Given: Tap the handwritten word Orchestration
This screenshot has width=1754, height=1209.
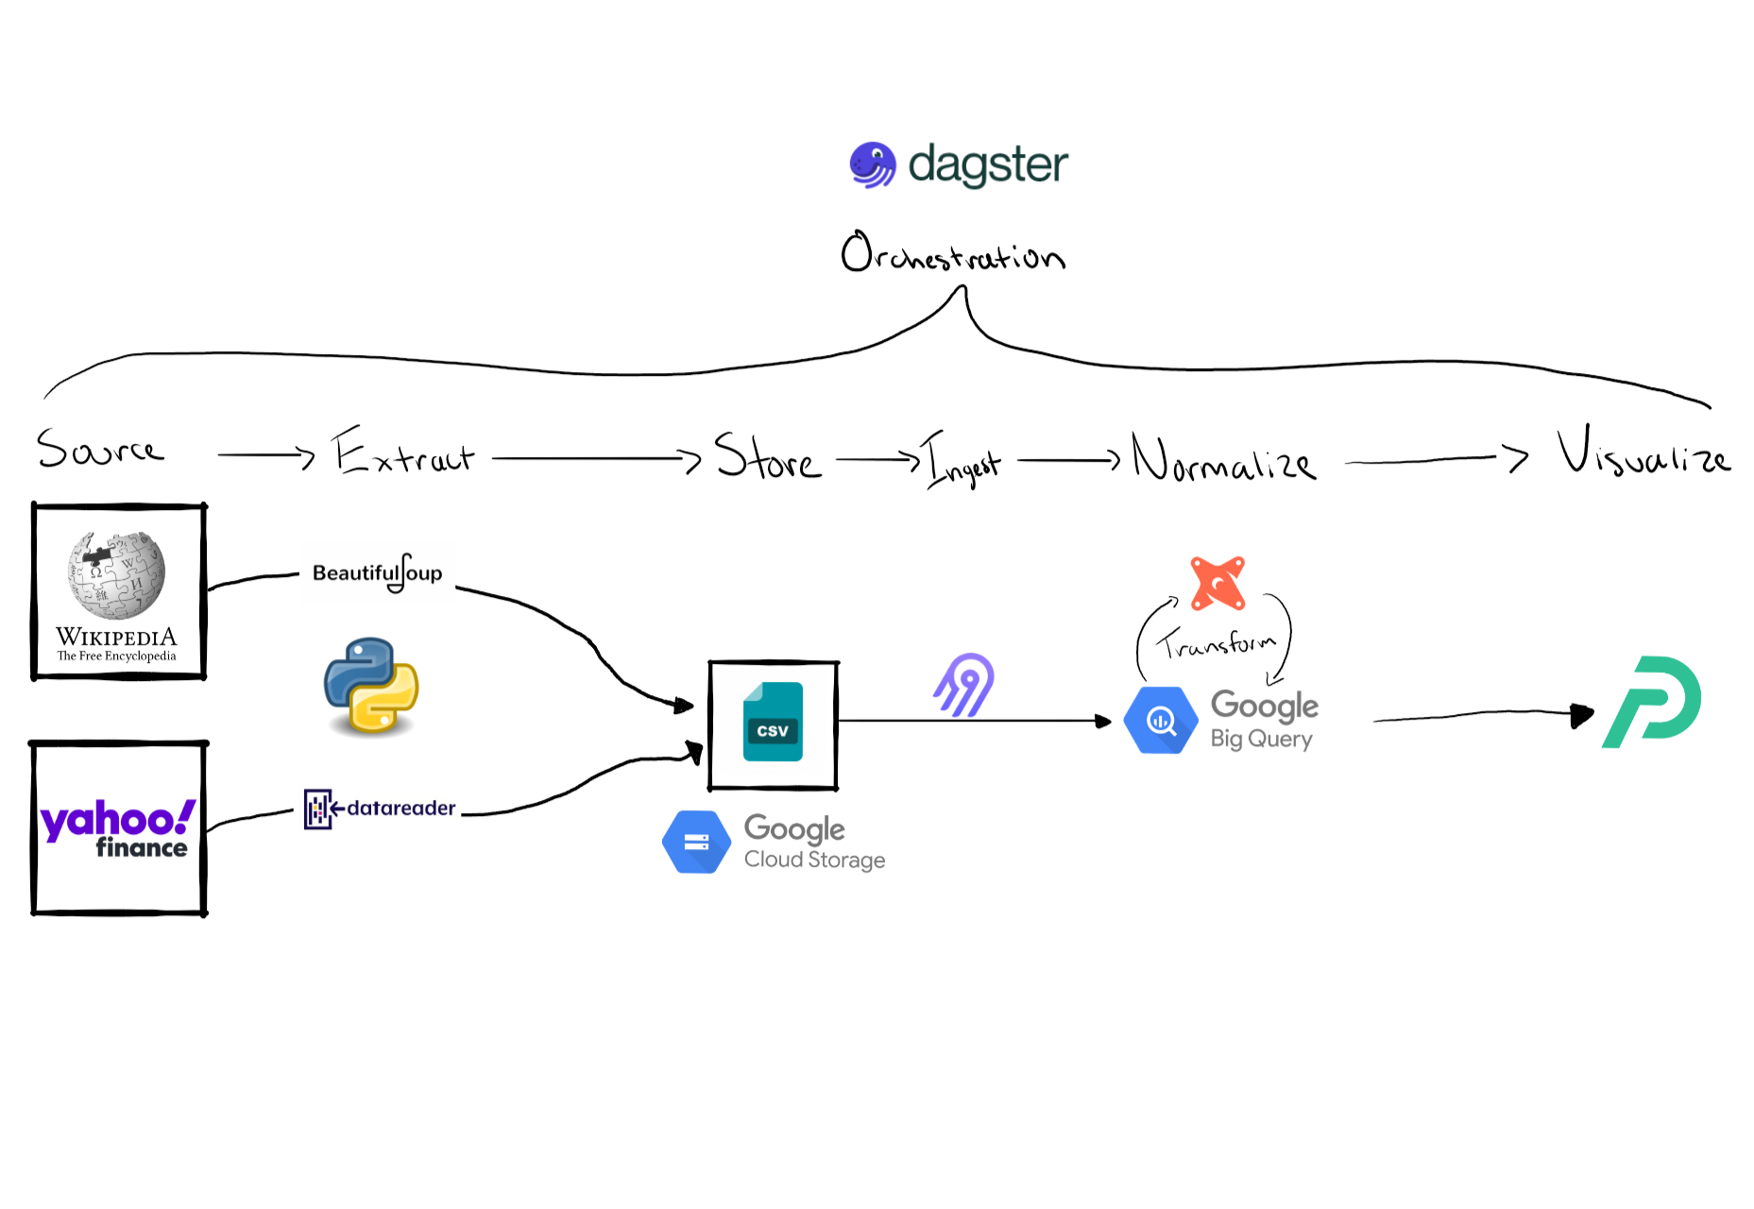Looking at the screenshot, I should coord(952,253).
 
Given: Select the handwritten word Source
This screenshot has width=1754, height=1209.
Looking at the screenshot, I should coord(99,449).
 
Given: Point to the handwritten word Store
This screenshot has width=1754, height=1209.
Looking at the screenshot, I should coord(767,457).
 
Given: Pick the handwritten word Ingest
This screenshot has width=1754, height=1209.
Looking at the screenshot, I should coord(962,461).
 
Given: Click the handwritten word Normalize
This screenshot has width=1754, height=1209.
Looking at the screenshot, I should coord(1222,459).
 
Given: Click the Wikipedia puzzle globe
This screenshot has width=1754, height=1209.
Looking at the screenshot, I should coord(116,574).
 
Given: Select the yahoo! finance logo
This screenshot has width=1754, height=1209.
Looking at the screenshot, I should coord(118,828).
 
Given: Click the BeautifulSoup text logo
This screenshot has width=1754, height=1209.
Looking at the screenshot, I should coord(377,572).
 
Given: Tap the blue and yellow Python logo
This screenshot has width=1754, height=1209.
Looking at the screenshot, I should coord(371,687).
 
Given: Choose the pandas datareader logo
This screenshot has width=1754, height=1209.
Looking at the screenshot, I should coord(380,809).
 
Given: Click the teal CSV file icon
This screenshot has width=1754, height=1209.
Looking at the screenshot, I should coord(773,723).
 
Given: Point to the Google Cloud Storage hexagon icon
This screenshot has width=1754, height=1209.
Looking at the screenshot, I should coord(696,842).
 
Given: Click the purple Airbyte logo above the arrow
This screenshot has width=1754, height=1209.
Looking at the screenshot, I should coord(964,685).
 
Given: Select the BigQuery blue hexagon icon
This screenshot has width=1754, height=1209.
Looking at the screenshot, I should coord(1161,721).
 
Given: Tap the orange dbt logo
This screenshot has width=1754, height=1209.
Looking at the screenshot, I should coord(1218,583).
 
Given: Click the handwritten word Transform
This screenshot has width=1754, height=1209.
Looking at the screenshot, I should coord(1216,644).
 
